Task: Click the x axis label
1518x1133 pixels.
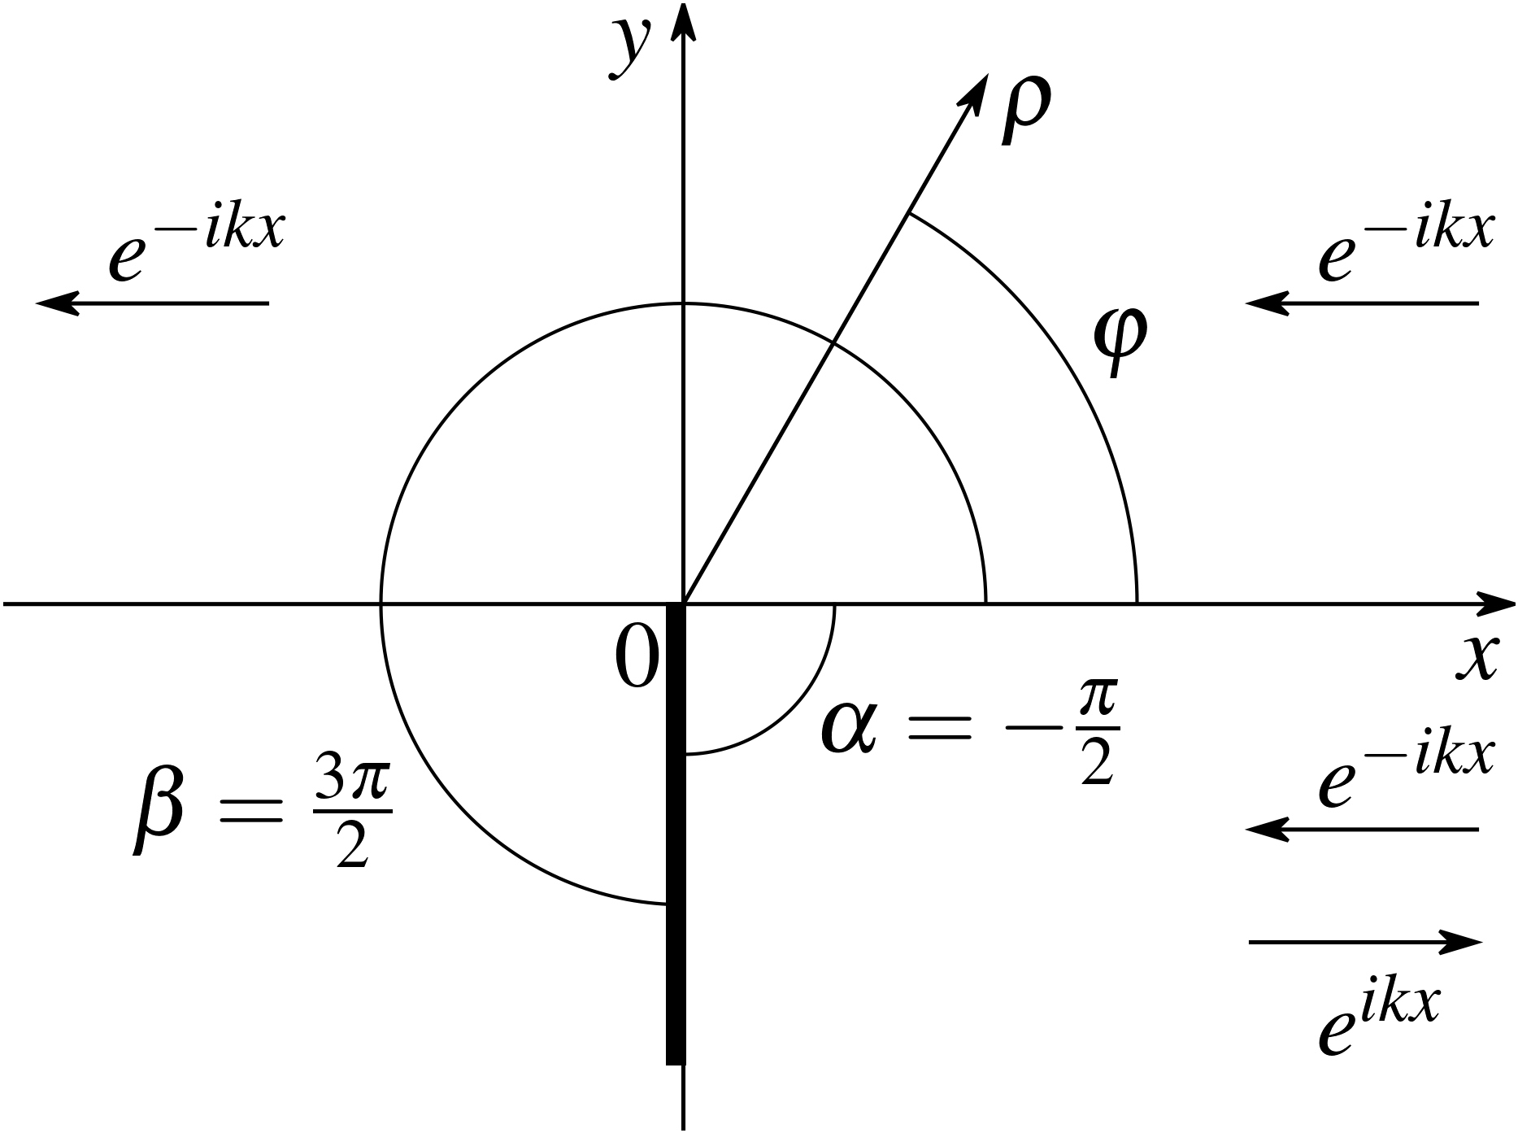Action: [x=1476, y=656]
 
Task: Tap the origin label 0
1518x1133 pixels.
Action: [x=635, y=659]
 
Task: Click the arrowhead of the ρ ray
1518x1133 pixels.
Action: [x=974, y=90]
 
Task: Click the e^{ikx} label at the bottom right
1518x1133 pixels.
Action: [x=1379, y=1021]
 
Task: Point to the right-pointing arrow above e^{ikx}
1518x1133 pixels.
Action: [x=1365, y=942]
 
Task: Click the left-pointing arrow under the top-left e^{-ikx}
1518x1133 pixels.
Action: [x=153, y=303]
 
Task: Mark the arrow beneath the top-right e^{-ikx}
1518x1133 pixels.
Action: [x=1362, y=303]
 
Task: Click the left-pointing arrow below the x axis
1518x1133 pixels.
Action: [x=1362, y=830]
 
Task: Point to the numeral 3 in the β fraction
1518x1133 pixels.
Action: [x=330, y=785]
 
